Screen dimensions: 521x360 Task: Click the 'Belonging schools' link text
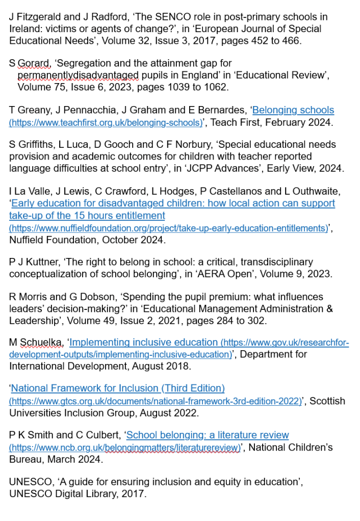[293, 110]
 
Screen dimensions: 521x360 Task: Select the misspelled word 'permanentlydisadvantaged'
[78, 75]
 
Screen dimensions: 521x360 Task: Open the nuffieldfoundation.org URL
[168, 228]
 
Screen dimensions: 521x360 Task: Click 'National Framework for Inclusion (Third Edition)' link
[118, 389]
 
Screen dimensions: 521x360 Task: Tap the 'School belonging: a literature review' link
[208, 435]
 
